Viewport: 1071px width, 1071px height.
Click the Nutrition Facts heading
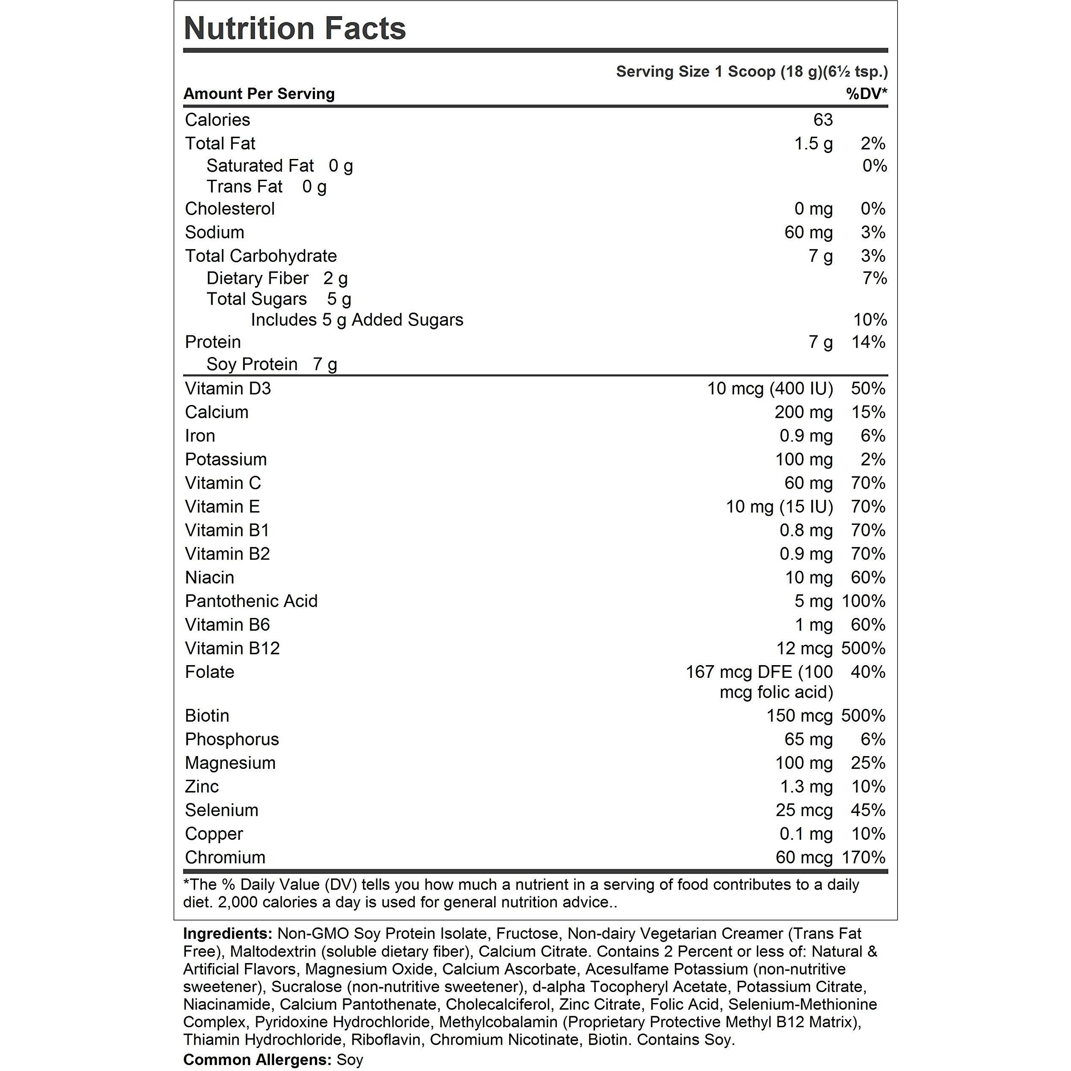pyautogui.click(x=295, y=29)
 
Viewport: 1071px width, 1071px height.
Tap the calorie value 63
pyautogui.click(x=823, y=120)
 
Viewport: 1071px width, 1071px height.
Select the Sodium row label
pyautogui.click(x=215, y=232)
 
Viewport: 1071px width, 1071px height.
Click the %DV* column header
pyautogui.click(x=867, y=93)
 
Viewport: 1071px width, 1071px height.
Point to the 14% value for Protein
pyautogui.click(x=868, y=342)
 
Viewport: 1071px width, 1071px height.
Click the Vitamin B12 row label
pyautogui.click(x=232, y=648)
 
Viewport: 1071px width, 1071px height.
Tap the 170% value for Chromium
pyautogui.click(x=863, y=857)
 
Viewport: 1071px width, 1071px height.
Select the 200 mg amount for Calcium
pyautogui.click(x=803, y=412)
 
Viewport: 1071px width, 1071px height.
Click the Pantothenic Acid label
pyautogui.click(x=251, y=601)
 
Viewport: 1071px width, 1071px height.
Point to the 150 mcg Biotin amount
pyautogui.click(x=799, y=716)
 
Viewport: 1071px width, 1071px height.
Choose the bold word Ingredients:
pyautogui.click(x=227, y=934)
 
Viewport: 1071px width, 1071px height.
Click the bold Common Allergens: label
pyautogui.click(x=257, y=1060)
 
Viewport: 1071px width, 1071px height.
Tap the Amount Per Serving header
pyautogui.click(x=259, y=93)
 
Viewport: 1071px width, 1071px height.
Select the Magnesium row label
pyautogui.click(x=230, y=763)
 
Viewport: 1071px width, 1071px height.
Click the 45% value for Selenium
pyautogui.click(x=868, y=810)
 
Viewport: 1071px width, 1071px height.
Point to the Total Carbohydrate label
pyautogui.click(x=261, y=255)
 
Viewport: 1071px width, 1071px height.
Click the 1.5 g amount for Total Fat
pyautogui.click(x=813, y=144)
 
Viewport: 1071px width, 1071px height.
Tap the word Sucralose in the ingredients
pyautogui.click(x=308, y=987)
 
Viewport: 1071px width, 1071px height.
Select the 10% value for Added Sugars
pyautogui.click(x=870, y=320)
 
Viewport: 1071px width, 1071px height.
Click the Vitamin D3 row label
pyautogui.click(x=228, y=388)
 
